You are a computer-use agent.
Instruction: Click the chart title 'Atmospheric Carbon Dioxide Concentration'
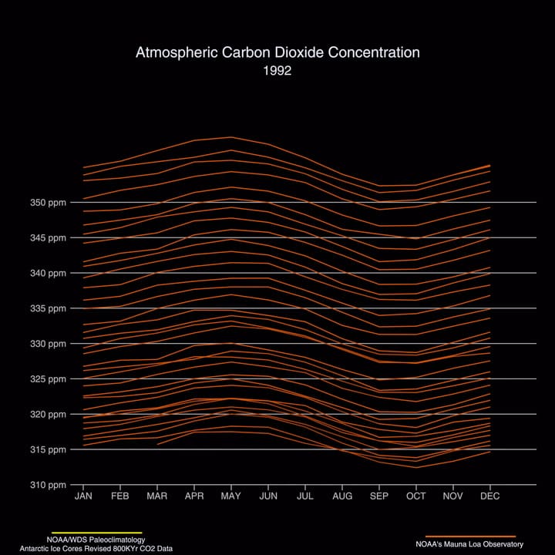point(277,52)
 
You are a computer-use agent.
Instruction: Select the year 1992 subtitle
point(277,70)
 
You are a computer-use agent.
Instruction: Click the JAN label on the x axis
point(83,496)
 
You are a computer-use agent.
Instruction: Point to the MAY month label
point(231,496)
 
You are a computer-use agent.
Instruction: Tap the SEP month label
point(379,496)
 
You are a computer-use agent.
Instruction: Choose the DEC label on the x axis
point(490,496)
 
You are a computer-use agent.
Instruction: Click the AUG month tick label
point(342,496)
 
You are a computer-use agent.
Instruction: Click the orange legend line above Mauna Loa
point(470,536)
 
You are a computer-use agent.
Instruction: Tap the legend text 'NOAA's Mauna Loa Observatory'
point(470,544)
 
